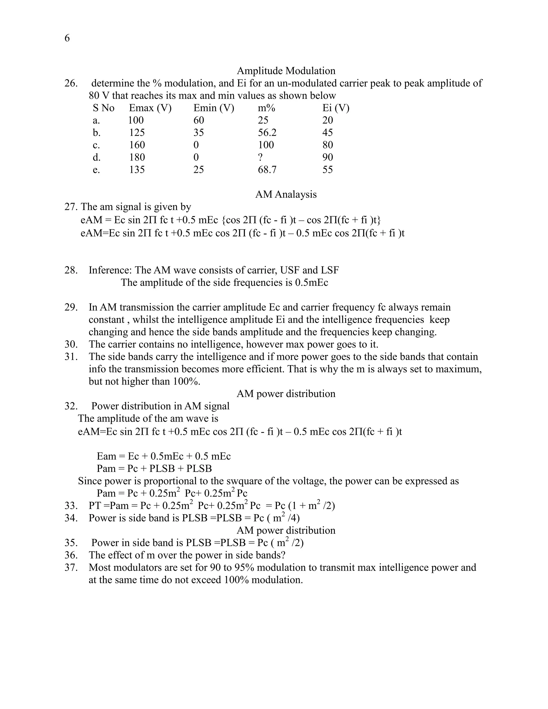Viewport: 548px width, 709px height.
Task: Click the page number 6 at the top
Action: (67, 38)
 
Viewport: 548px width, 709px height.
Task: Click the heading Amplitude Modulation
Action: (286, 71)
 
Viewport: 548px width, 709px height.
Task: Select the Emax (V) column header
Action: (150, 108)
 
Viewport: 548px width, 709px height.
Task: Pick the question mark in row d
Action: (260, 157)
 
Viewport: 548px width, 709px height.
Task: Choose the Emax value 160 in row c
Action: (137, 145)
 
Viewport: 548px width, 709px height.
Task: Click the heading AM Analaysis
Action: (286, 195)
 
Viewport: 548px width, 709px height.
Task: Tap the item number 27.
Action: (70, 207)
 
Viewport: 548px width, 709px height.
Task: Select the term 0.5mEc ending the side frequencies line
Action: (311, 283)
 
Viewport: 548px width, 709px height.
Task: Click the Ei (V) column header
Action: (336, 108)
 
